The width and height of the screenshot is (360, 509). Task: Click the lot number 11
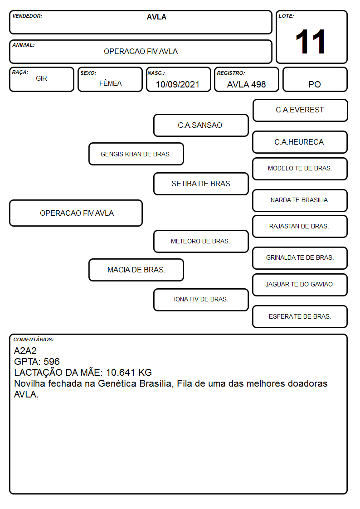tap(310, 42)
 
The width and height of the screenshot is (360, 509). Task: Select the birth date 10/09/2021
tap(178, 84)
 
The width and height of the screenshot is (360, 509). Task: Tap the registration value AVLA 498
tap(246, 84)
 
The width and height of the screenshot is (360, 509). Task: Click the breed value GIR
tap(42, 78)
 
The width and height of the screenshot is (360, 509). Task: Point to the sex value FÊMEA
tap(110, 83)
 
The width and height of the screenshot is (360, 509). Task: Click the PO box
tap(315, 79)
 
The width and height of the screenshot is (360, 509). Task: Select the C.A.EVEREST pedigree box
tap(300, 111)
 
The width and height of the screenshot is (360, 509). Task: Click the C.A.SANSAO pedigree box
tap(201, 125)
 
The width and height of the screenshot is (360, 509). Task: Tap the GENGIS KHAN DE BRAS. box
tap(136, 154)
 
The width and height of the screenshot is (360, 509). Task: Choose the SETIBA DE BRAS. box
tap(201, 184)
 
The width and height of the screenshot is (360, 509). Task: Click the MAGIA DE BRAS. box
tap(136, 270)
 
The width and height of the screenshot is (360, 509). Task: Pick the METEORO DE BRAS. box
tap(201, 241)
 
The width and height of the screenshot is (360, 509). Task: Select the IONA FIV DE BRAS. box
tap(201, 300)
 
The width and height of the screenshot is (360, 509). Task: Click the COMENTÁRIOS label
tap(34, 339)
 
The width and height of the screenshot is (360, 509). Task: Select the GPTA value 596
tap(52, 362)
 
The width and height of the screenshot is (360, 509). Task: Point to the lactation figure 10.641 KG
tap(129, 372)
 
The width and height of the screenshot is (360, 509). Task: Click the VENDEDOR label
tap(27, 16)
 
